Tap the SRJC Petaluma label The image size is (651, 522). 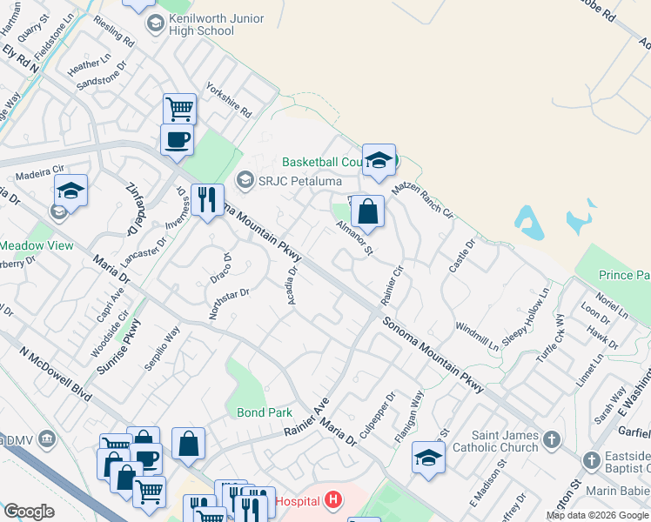pyautogui.click(x=293, y=181)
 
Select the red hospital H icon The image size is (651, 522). pyautogui.click(x=332, y=500)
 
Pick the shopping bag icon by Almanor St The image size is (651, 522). pyautogui.click(x=368, y=212)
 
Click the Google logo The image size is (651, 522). pyautogui.click(x=28, y=512)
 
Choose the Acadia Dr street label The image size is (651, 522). pyautogui.click(x=293, y=285)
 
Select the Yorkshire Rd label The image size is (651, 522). pyautogui.click(x=228, y=100)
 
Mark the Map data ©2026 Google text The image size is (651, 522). pyautogui.click(x=596, y=515)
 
